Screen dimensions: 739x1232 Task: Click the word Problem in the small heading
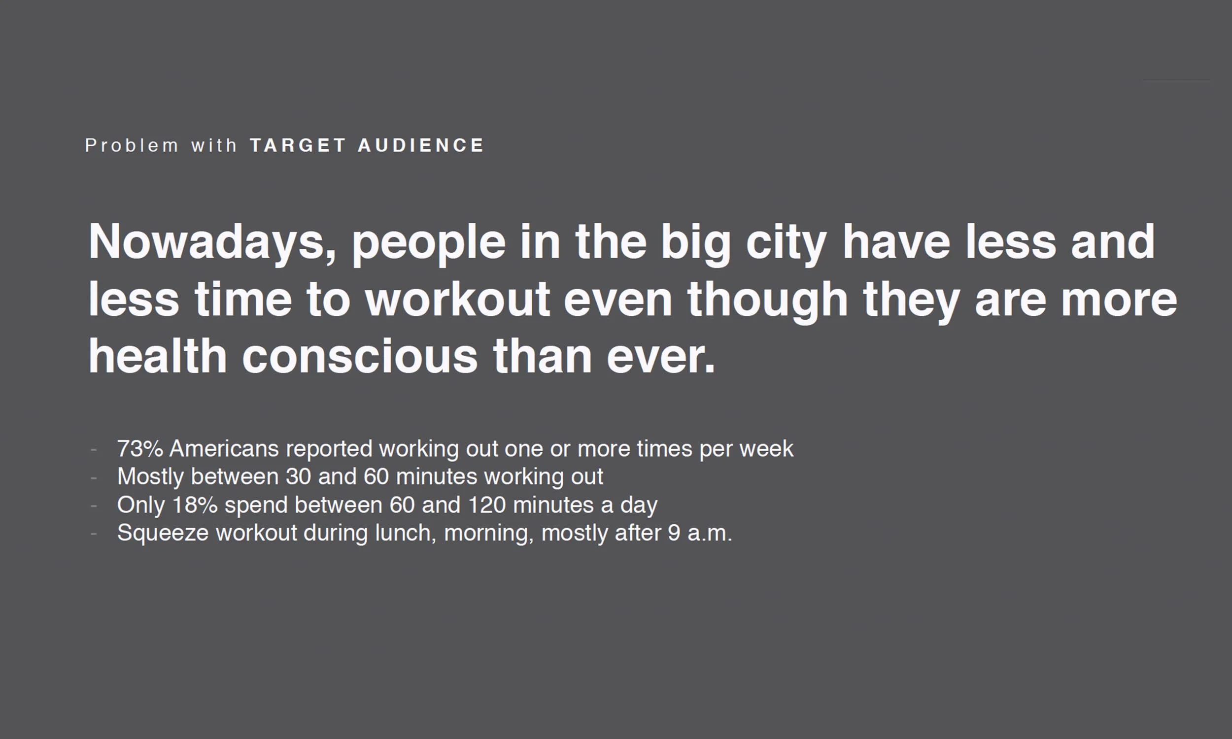tap(132, 145)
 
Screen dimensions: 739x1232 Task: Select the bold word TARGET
tap(298, 145)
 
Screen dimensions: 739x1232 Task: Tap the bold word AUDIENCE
tap(421, 145)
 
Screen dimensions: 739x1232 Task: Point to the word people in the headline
tap(429, 242)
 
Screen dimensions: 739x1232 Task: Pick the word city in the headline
tap(786, 242)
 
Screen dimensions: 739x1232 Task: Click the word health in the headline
tap(157, 357)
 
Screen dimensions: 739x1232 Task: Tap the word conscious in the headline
tap(360, 357)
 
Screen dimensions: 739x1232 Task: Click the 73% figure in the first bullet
tap(140, 449)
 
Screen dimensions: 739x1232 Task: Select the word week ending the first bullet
tap(766, 449)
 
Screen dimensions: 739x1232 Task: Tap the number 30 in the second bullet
tap(298, 476)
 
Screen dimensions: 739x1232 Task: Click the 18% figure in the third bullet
tap(195, 505)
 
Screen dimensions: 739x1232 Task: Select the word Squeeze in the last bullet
tap(163, 534)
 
